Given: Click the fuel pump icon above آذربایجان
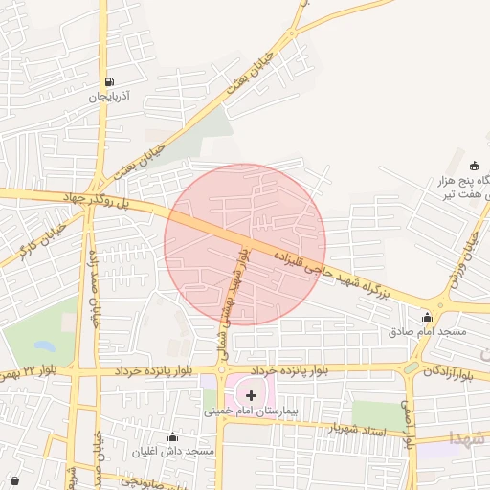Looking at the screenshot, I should click(x=109, y=82).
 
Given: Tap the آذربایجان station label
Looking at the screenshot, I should click(x=109, y=98).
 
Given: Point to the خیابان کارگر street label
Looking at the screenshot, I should click(x=24, y=238).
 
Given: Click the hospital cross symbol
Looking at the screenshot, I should click(x=252, y=394).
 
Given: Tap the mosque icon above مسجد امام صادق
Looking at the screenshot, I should click(x=427, y=318).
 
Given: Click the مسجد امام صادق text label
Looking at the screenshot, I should click(x=427, y=331).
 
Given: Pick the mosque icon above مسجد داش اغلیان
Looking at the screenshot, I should click(x=172, y=435).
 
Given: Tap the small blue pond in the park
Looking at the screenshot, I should click(x=44, y=345).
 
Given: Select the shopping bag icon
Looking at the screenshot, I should click(x=13, y=479).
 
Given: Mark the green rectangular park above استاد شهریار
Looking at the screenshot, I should click(x=378, y=413).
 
